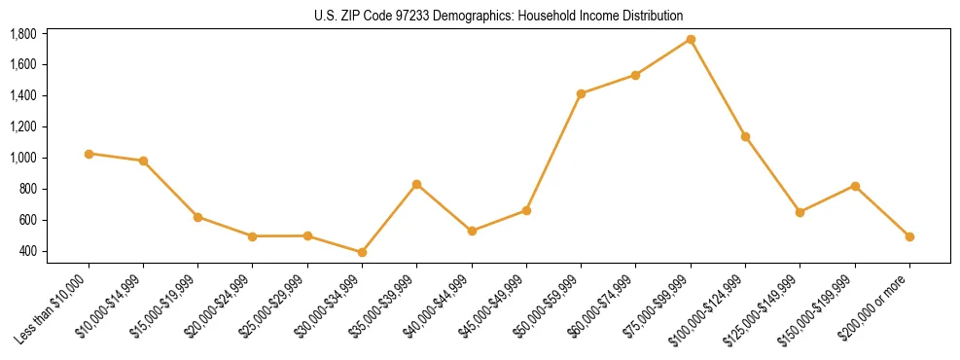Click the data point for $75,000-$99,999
click(x=691, y=39)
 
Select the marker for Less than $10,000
click(x=89, y=154)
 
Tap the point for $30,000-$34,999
click(x=362, y=252)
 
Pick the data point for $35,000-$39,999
click(x=416, y=184)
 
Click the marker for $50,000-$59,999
click(x=581, y=93)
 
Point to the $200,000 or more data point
click(x=909, y=236)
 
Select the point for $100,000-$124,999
click(x=745, y=136)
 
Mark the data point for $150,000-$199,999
click(x=855, y=186)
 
